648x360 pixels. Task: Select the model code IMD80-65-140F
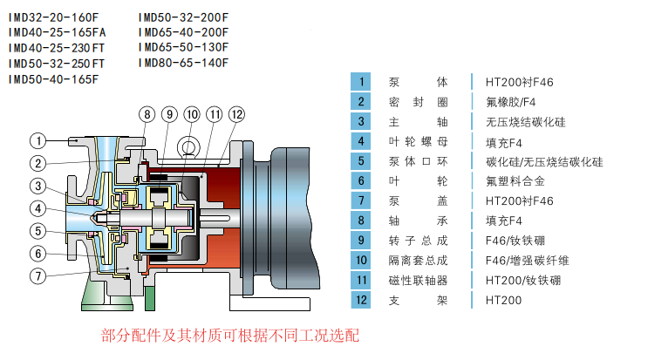(183, 63)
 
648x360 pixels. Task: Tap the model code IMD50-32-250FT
(57, 64)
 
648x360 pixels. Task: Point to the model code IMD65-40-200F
(183, 32)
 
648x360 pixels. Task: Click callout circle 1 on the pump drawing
(38, 139)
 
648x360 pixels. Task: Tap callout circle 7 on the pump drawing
(38, 276)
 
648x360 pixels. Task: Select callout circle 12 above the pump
(236, 114)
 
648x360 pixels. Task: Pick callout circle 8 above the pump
(147, 114)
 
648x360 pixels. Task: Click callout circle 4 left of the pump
(38, 208)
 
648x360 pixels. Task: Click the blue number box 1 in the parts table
(360, 82)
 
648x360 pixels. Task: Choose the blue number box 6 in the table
(360, 181)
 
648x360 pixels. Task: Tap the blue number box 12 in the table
(360, 300)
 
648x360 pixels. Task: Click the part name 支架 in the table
(418, 300)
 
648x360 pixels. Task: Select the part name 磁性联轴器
(418, 280)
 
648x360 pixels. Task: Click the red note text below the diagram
(229, 336)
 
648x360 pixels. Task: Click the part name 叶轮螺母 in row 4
(418, 142)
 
